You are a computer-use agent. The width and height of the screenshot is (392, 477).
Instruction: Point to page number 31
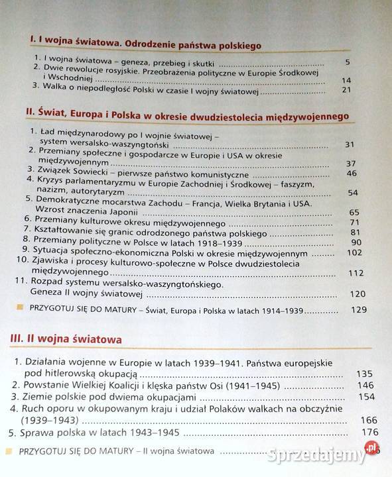[x=352, y=144]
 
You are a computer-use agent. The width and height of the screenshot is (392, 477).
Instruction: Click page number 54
[x=352, y=192]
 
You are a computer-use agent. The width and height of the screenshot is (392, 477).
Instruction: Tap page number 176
[x=369, y=433]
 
